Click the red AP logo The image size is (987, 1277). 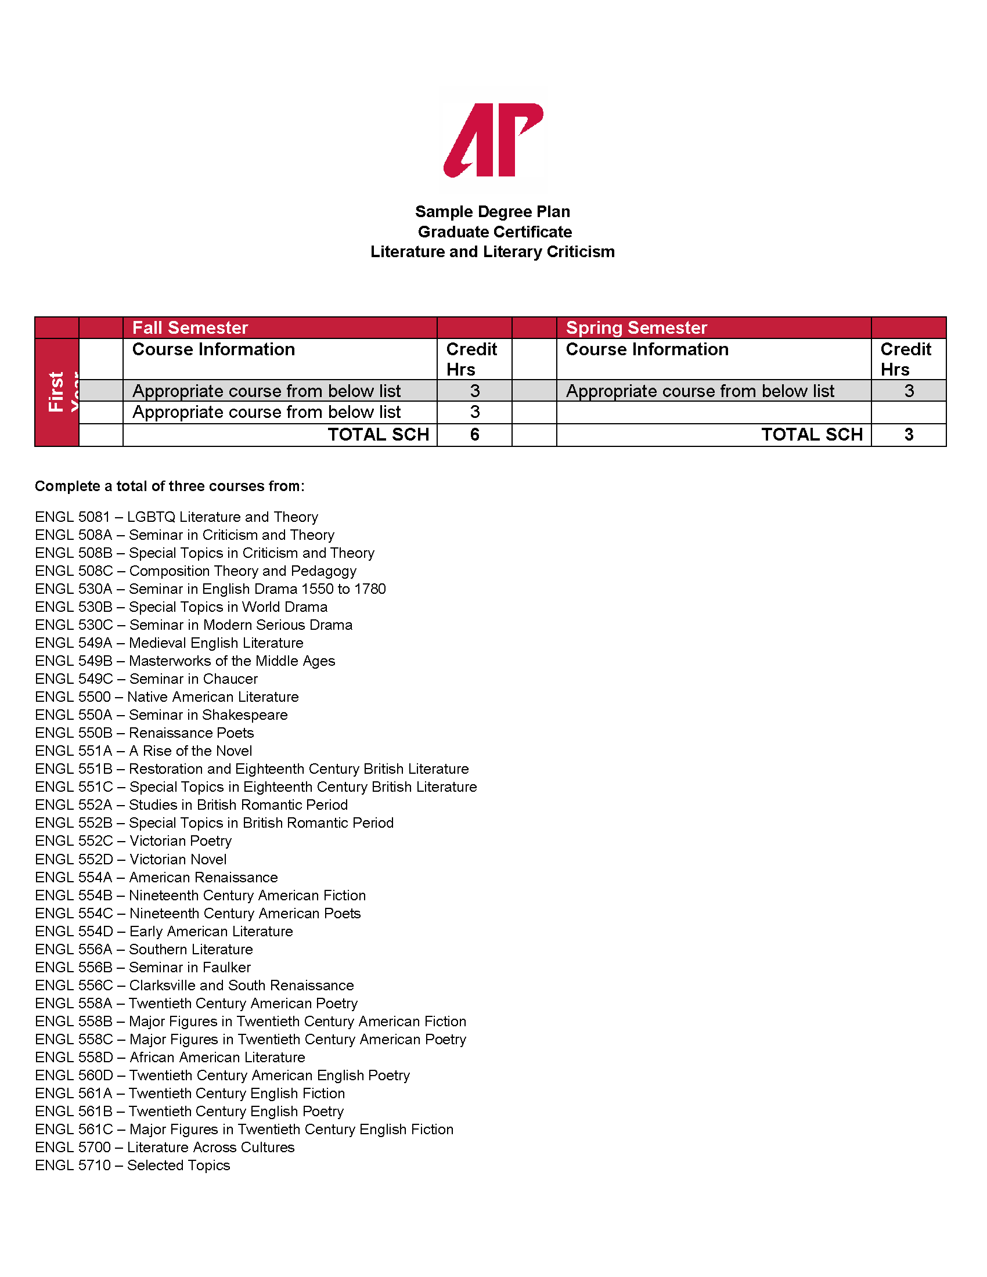pyautogui.click(x=493, y=140)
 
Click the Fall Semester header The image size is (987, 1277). pyautogui.click(x=190, y=327)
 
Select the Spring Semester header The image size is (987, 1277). pyautogui.click(x=636, y=327)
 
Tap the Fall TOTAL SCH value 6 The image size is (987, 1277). pyautogui.click(x=474, y=434)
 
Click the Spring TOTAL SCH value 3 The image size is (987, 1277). pyautogui.click(x=908, y=434)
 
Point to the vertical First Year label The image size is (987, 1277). pyautogui.click(x=57, y=392)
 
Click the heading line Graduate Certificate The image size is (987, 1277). pyautogui.click(x=494, y=232)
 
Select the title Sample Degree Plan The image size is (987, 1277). pyautogui.click(x=492, y=212)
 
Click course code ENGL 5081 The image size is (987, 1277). pyautogui.click(x=73, y=517)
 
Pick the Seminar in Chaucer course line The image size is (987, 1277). pyautogui.click(x=146, y=679)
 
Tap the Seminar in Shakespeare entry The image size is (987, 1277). pyautogui.click(x=161, y=715)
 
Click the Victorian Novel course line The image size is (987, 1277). pyautogui.click(x=131, y=859)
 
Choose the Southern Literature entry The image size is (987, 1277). pyautogui.click(x=144, y=949)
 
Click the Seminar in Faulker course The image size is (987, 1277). pyautogui.click(x=143, y=967)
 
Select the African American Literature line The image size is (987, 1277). pyautogui.click(x=170, y=1057)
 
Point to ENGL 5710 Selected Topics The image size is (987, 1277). pyautogui.click(x=133, y=1166)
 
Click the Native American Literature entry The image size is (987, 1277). pyautogui.click(x=167, y=697)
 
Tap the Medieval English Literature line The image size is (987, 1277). pyautogui.click(x=169, y=643)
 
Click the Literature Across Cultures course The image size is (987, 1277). pyautogui.click(x=165, y=1147)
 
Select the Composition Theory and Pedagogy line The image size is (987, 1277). pyautogui.click(x=196, y=571)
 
